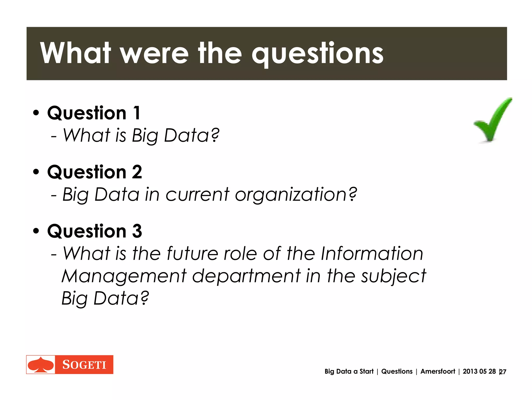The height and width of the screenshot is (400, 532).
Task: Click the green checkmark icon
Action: coord(492,120)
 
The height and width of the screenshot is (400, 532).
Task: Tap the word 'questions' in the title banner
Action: coord(317,54)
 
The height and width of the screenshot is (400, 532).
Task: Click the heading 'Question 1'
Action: coord(94,113)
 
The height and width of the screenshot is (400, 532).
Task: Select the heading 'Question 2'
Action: coord(95,172)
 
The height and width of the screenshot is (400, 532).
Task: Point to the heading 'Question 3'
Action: coord(95,231)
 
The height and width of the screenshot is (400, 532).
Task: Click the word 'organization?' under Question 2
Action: coord(296,195)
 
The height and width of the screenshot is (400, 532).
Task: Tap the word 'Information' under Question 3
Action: coord(372,254)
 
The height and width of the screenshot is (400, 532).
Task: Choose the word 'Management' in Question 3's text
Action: coord(124,276)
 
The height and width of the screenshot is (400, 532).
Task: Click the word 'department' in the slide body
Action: coord(246,276)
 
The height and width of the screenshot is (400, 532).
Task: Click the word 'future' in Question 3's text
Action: coord(192,254)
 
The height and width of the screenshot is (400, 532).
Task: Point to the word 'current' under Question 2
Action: coord(197,195)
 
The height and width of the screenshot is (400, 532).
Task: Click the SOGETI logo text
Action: coord(84,365)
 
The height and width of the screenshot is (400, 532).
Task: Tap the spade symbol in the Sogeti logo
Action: coord(41,365)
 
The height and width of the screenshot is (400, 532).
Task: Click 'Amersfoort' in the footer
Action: coord(438,371)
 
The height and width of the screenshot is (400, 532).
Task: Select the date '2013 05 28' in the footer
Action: coord(479,371)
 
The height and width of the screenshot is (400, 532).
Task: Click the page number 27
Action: coord(503,372)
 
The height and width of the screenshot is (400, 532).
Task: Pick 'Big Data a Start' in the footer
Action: coord(349,371)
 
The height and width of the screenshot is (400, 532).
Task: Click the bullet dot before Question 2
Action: coord(36,172)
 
